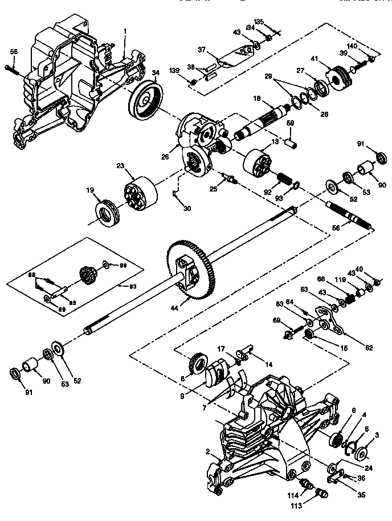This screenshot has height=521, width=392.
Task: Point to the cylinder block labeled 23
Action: point(139,196)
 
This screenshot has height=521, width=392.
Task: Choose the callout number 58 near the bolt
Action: point(13,51)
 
